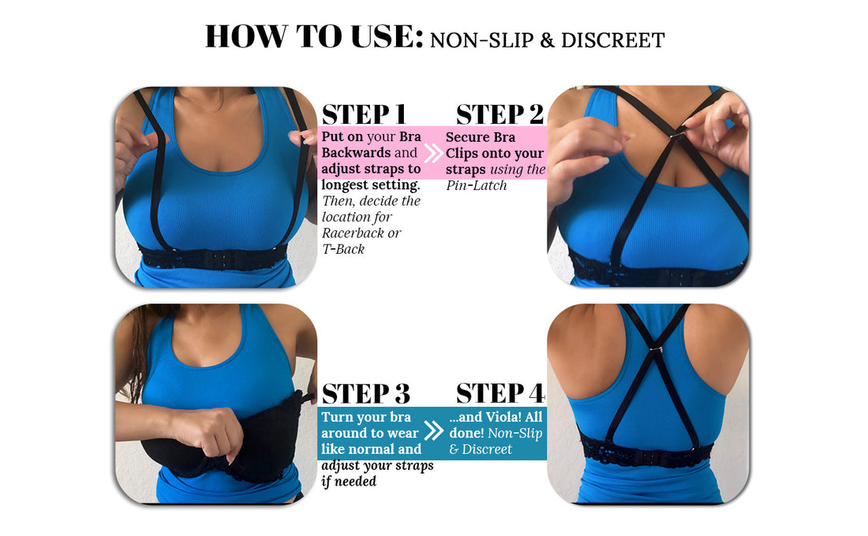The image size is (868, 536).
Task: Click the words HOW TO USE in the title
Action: click(x=314, y=37)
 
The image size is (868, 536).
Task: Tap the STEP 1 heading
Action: click(x=364, y=114)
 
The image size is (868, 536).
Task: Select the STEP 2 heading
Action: click(x=499, y=114)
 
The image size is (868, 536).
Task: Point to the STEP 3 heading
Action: click(x=365, y=393)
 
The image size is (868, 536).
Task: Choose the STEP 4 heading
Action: click(x=500, y=393)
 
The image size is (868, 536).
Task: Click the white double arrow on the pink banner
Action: click(x=433, y=153)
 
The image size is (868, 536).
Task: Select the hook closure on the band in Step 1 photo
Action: click(x=213, y=258)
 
